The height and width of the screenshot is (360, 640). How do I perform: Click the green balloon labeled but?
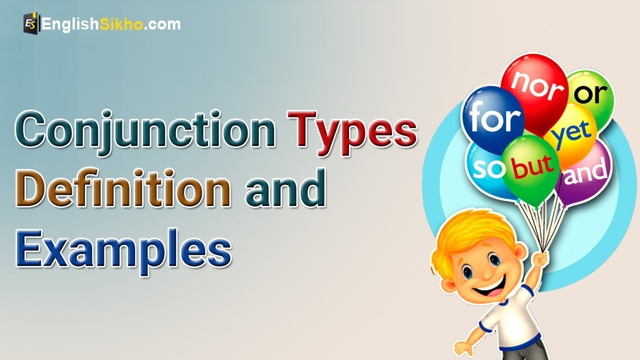click(x=530, y=167)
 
